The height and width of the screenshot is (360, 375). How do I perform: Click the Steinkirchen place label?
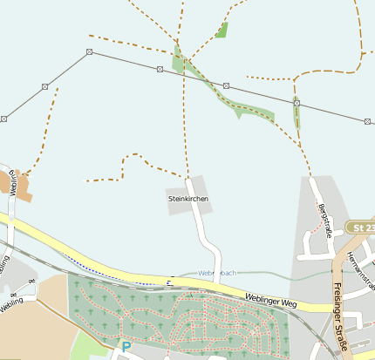pyautogui.click(x=188, y=200)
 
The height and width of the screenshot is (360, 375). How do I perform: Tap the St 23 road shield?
pyautogui.click(x=360, y=228)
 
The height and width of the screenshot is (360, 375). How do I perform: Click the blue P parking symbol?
pyautogui.click(x=126, y=347)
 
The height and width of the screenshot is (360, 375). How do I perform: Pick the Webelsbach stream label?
pyautogui.click(x=217, y=273)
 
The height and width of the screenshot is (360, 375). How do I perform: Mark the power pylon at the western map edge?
pyautogui.click(x=3, y=119)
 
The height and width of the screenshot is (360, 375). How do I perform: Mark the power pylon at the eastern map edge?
pyautogui.click(x=367, y=121)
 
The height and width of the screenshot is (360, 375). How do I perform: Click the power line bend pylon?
pyautogui.click(x=90, y=52)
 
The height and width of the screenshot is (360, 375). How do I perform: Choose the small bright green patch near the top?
pyautogui.click(x=222, y=31)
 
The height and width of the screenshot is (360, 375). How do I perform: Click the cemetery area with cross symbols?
pyautogui.click(x=174, y=318)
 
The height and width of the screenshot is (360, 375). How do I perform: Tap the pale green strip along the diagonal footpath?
pyautogui.click(x=253, y=111)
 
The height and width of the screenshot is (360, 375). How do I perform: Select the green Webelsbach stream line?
pyautogui.click(x=253, y=275)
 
